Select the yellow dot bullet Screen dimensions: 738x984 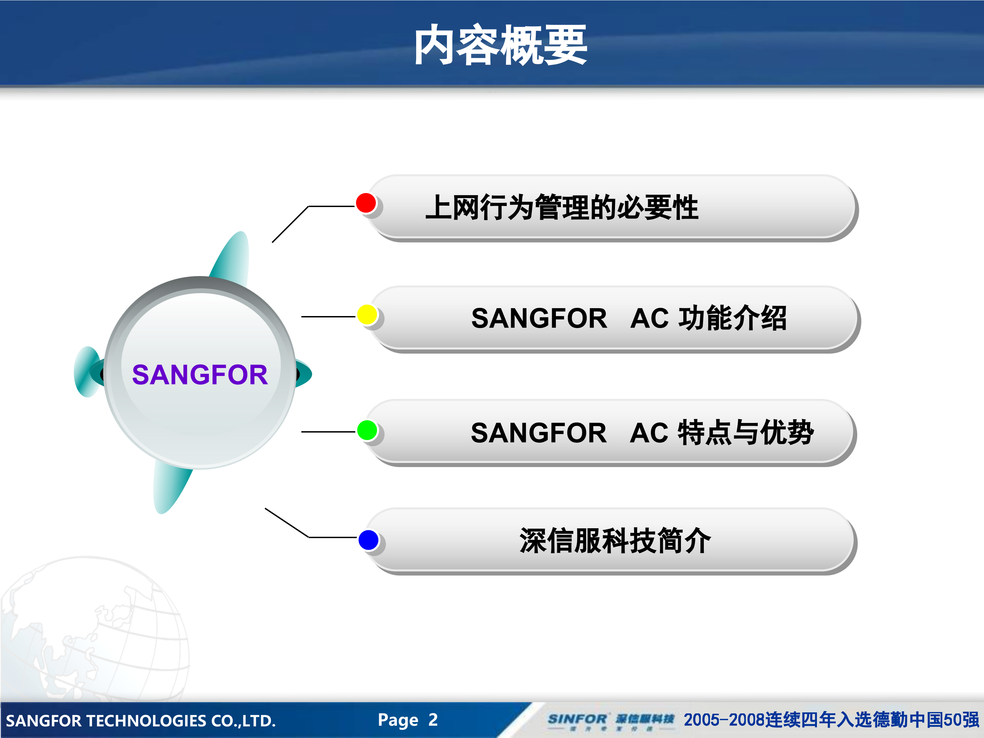367,315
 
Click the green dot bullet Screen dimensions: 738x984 367,430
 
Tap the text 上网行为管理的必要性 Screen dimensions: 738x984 561,208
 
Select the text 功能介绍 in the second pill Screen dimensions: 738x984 732,318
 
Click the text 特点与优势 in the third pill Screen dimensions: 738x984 746,433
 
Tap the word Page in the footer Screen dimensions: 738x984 398,720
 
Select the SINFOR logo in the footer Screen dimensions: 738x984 577,719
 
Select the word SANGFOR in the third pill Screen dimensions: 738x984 538,433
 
